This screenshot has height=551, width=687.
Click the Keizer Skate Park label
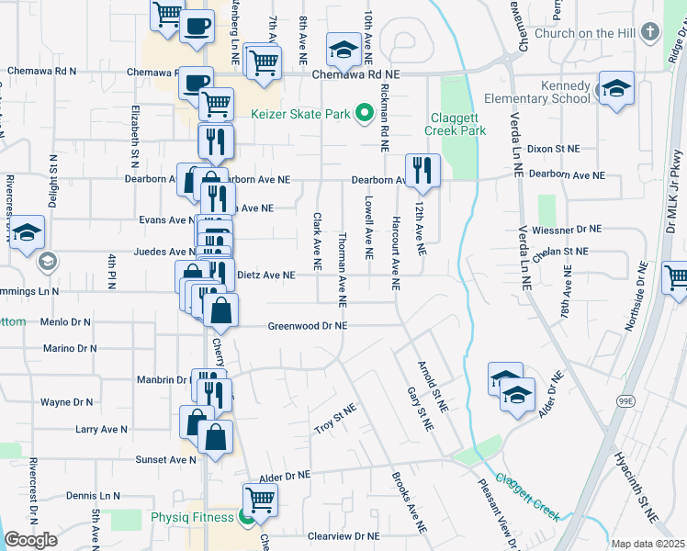click(299, 115)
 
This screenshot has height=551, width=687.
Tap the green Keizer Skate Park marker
click(364, 115)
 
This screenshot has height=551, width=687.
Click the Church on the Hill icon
click(649, 33)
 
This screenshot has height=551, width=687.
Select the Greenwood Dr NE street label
click(308, 325)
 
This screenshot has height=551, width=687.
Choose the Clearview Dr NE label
click(343, 535)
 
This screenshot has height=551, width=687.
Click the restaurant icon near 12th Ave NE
click(422, 169)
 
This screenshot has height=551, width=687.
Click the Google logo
click(30, 540)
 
